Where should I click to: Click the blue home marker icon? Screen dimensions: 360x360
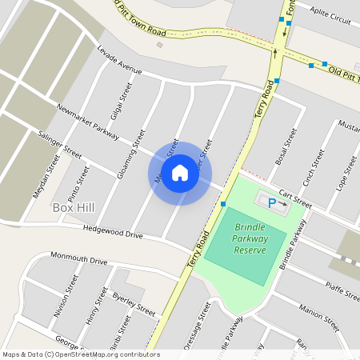[x=180, y=173]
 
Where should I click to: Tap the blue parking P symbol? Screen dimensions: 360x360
[x=271, y=203]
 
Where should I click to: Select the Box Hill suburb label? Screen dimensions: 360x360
[x=74, y=208]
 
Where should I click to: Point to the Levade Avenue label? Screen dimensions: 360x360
[x=118, y=63]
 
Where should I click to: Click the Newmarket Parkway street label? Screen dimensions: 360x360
[x=87, y=118]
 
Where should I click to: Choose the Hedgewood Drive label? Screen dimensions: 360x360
[x=113, y=233]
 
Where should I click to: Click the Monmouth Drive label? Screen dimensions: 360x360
[x=78, y=260]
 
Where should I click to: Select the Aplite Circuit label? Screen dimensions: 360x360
[x=330, y=18]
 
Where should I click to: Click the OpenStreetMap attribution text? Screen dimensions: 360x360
[x=81, y=354]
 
